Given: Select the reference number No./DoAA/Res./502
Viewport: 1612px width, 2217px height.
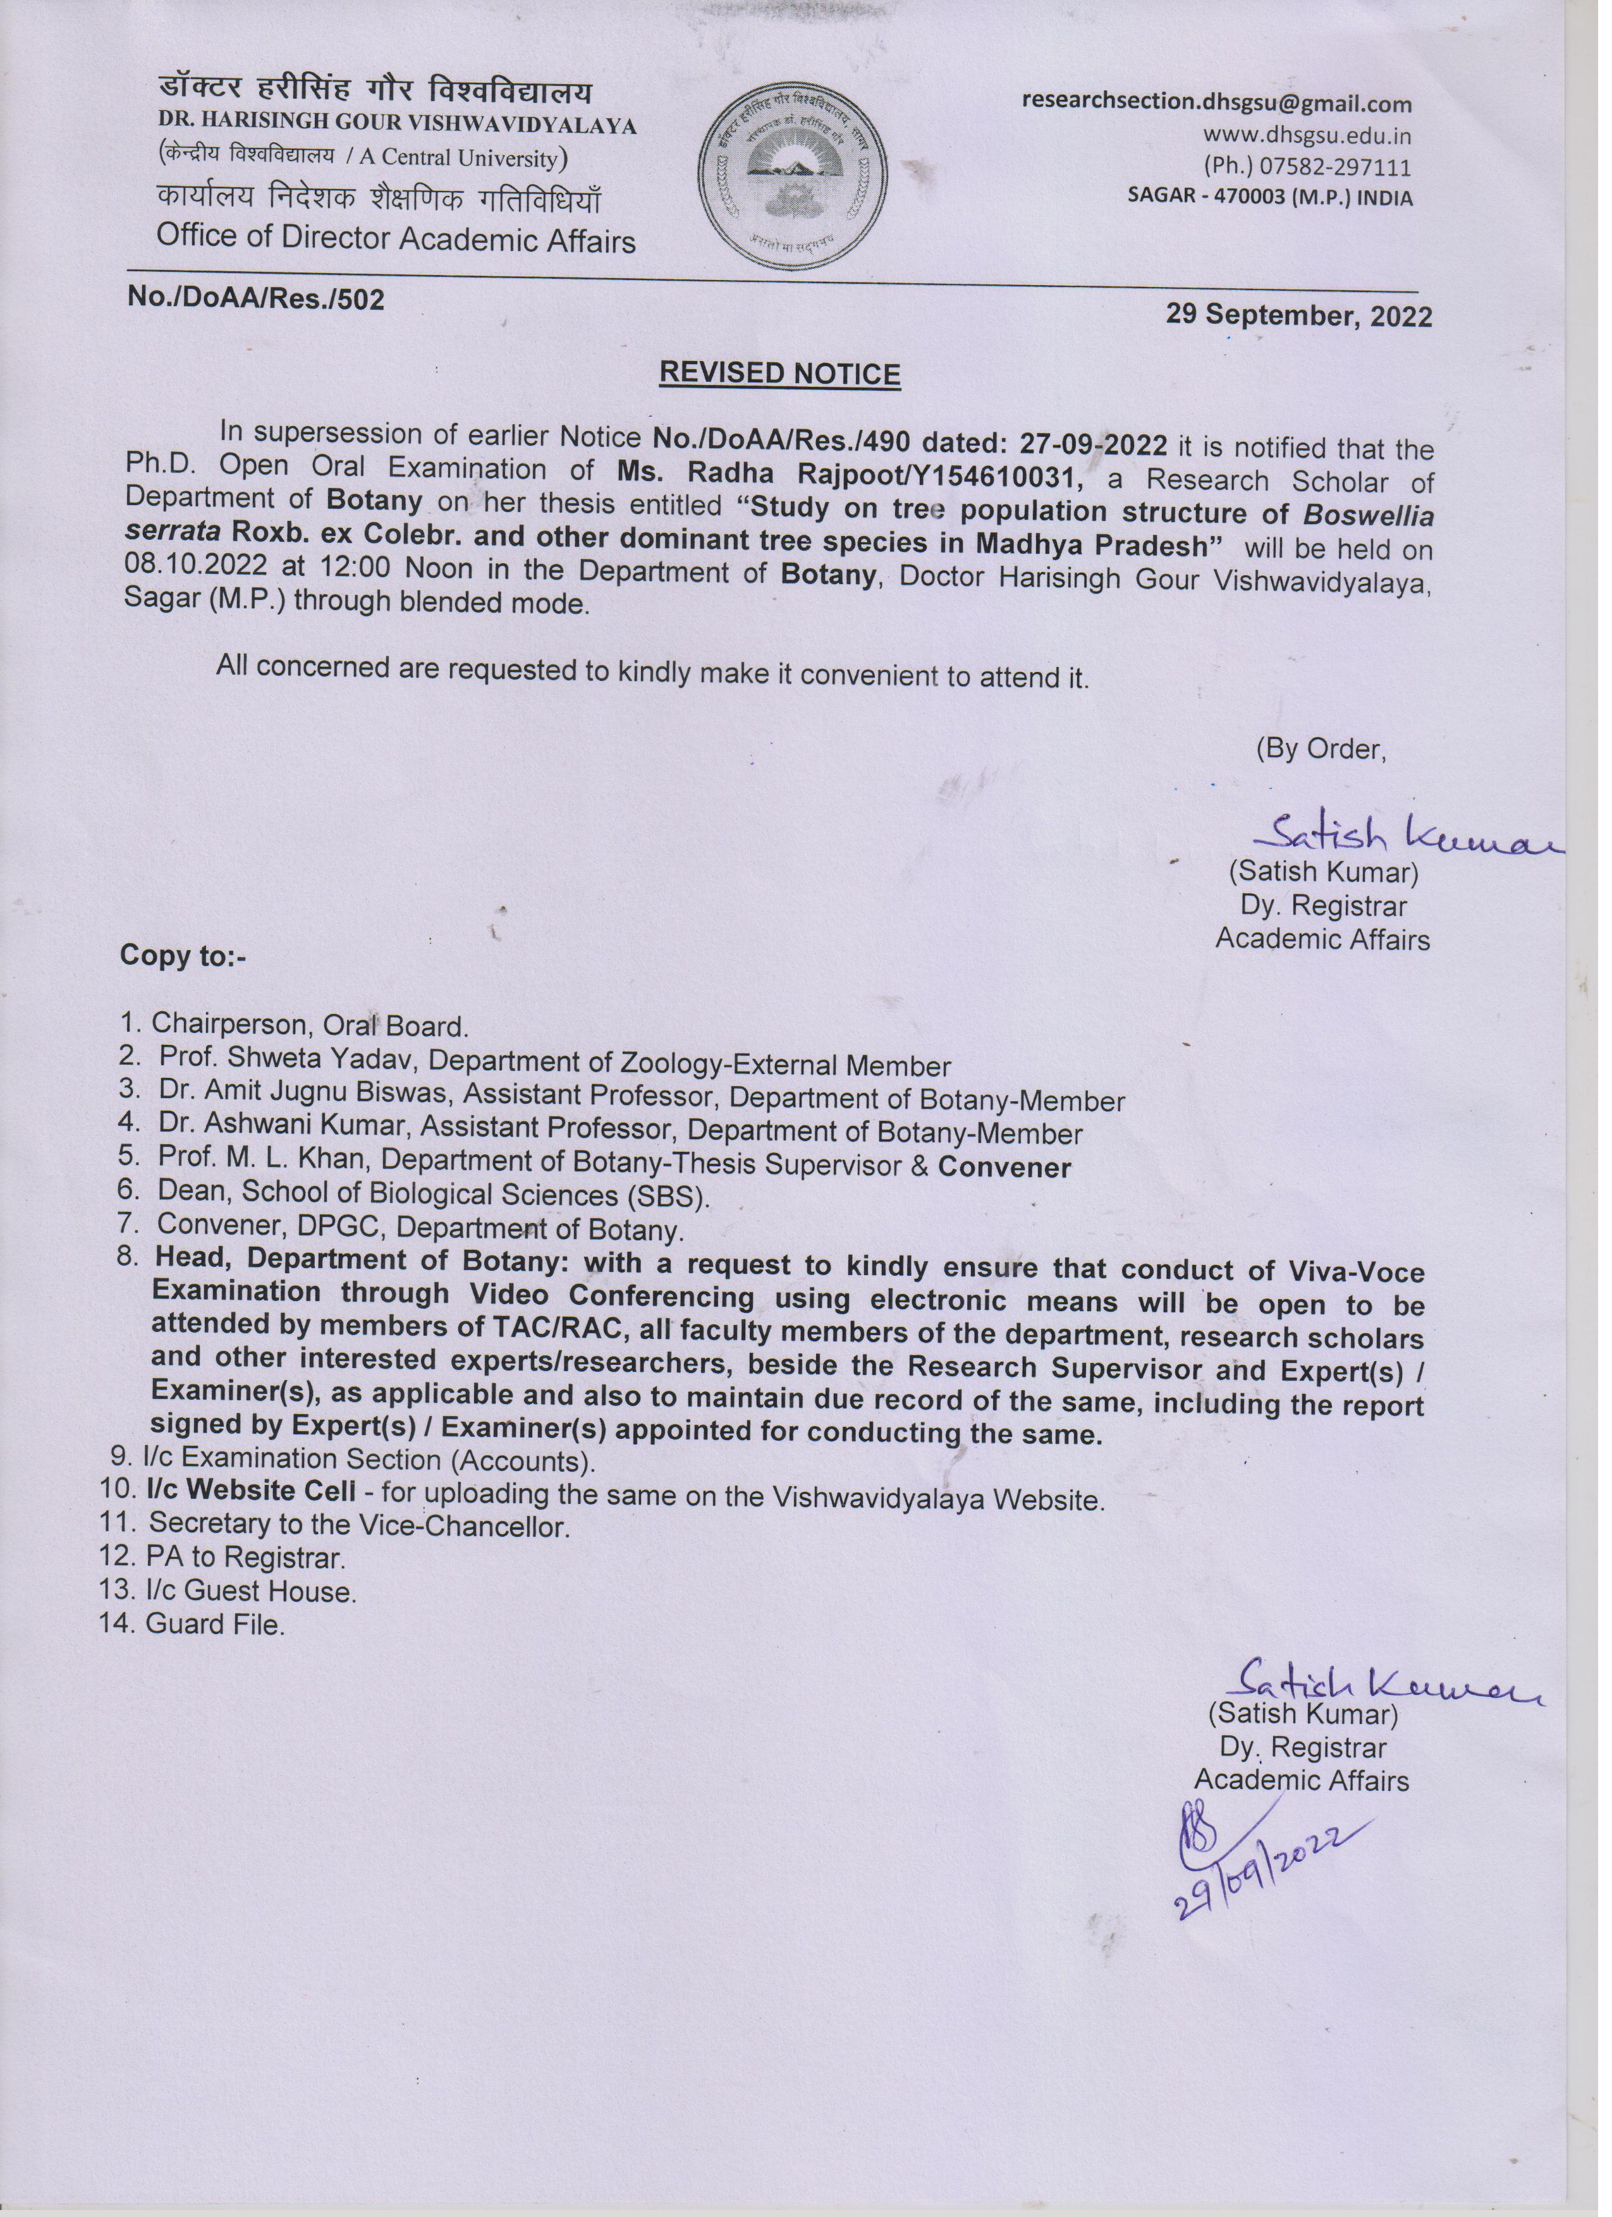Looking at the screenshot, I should click(x=256, y=298).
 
